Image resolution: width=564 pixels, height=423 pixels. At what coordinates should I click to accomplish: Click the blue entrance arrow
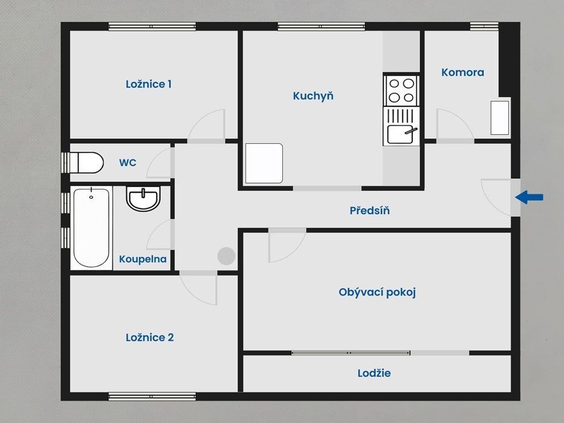pyautogui.click(x=529, y=197)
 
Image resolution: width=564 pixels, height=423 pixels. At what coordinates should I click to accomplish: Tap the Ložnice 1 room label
pyautogui.click(x=149, y=84)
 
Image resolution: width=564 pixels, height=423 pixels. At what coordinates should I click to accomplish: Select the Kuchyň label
pyautogui.click(x=313, y=95)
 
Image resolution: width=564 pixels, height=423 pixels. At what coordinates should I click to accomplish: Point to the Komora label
pyautogui.click(x=462, y=73)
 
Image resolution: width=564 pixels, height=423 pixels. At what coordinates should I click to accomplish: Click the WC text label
pyautogui.click(x=128, y=163)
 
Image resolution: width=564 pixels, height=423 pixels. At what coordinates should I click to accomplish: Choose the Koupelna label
pyautogui.click(x=143, y=259)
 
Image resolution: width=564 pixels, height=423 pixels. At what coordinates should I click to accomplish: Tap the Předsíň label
pyautogui.click(x=370, y=210)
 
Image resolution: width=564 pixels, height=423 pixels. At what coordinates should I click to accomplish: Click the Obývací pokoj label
pyautogui.click(x=377, y=292)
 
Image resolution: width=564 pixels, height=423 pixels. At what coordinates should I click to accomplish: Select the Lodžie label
pyautogui.click(x=374, y=373)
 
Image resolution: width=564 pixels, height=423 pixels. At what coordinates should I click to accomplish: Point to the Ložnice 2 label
pyautogui.click(x=150, y=337)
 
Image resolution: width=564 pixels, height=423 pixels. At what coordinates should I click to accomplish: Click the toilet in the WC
pyautogui.click(x=86, y=163)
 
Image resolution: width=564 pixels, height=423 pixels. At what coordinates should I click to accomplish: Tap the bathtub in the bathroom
pyautogui.click(x=91, y=227)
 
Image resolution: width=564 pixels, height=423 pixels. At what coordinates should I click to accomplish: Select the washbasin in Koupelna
pyautogui.click(x=143, y=198)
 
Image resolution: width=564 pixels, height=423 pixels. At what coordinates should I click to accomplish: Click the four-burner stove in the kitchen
pyautogui.click(x=401, y=90)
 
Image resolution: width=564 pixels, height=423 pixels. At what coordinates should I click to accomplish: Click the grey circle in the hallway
pyautogui.click(x=226, y=256)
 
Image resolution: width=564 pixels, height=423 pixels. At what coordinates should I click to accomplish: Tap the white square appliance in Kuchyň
pyautogui.click(x=264, y=163)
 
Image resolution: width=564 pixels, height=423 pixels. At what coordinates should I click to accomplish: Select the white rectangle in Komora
pyautogui.click(x=500, y=118)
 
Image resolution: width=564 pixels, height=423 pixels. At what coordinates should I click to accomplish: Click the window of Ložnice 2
pyautogui.click(x=152, y=396)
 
